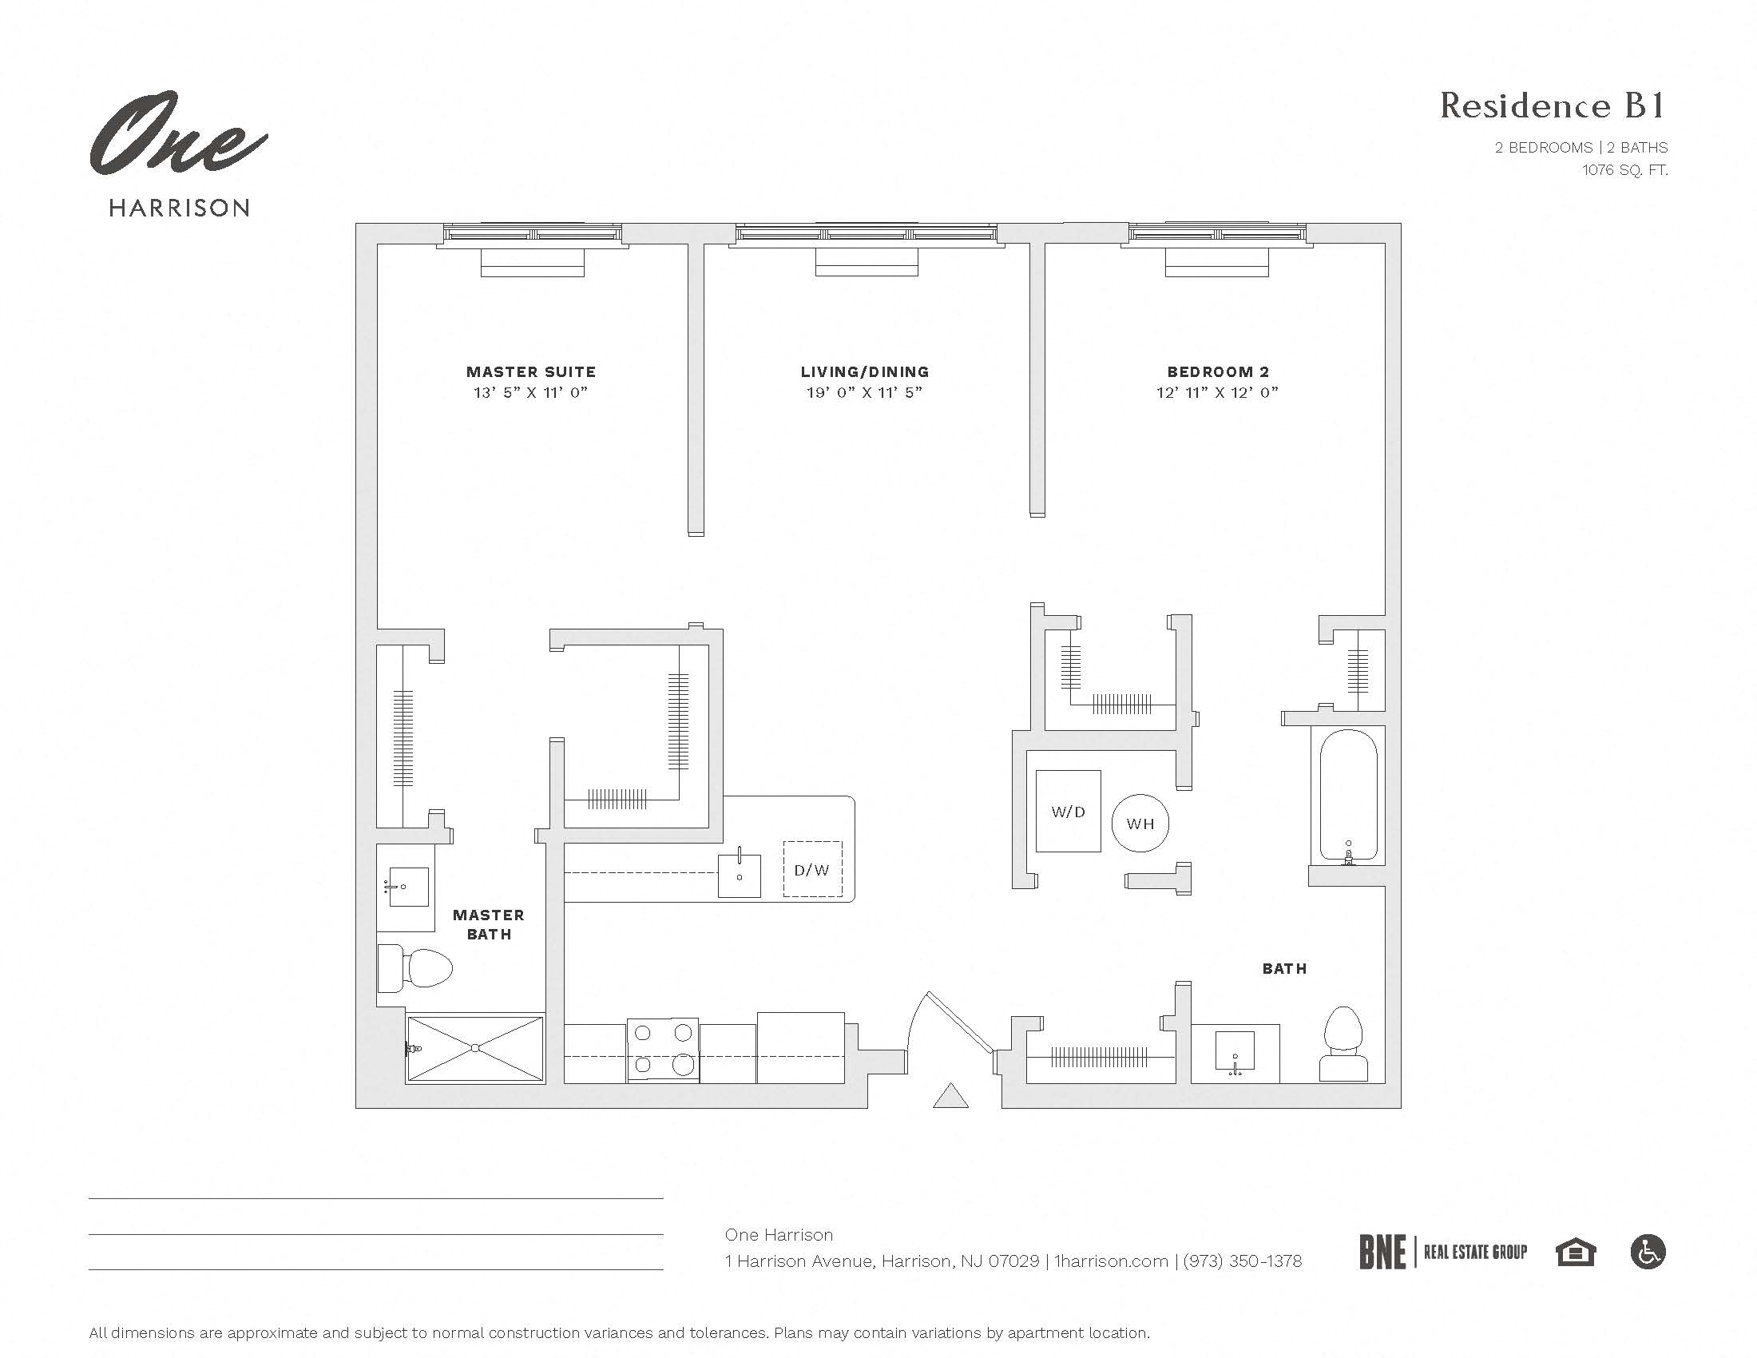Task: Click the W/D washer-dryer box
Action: point(1068,811)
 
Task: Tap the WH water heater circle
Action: point(1140,823)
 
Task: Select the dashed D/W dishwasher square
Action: point(812,869)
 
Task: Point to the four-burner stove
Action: point(662,1049)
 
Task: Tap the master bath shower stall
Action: point(474,1048)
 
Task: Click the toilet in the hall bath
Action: point(1343,1043)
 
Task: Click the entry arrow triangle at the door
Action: point(950,1097)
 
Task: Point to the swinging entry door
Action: point(958,1022)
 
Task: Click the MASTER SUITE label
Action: point(531,371)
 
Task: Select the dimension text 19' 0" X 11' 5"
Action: point(864,392)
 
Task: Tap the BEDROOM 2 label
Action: point(1217,371)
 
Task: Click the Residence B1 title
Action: point(1552,106)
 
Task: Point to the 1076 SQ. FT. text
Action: point(1624,169)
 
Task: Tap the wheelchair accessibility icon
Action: point(1648,1252)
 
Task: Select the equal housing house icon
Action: point(1574,1253)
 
